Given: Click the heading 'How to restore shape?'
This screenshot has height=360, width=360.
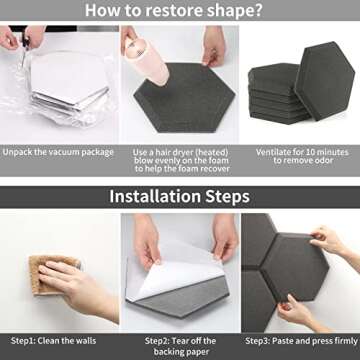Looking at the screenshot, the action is click(173, 10).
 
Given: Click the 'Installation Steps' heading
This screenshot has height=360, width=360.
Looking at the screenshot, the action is click(179, 196).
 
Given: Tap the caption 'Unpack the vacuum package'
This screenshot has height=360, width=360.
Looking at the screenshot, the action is click(58, 152).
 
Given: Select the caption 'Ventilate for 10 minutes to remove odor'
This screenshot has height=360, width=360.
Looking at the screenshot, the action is click(302, 156).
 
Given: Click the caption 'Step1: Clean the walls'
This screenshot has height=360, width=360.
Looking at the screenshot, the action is click(54, 341).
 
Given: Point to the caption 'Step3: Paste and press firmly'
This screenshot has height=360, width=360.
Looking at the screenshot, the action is click(302, 341).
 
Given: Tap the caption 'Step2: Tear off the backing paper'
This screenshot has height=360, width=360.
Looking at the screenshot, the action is click(180, 346).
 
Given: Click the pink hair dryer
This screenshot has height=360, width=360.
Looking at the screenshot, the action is click(147, 60).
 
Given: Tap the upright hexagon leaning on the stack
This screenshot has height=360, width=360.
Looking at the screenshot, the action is click(324, 81).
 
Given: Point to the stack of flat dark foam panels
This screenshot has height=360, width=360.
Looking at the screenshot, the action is click(278, 94).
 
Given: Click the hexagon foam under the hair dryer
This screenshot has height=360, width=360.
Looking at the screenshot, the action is click(184, 98).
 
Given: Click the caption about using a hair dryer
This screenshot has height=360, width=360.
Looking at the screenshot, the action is click(182, 160).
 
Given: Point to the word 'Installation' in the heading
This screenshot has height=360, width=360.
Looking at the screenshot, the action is click(154, 196).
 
